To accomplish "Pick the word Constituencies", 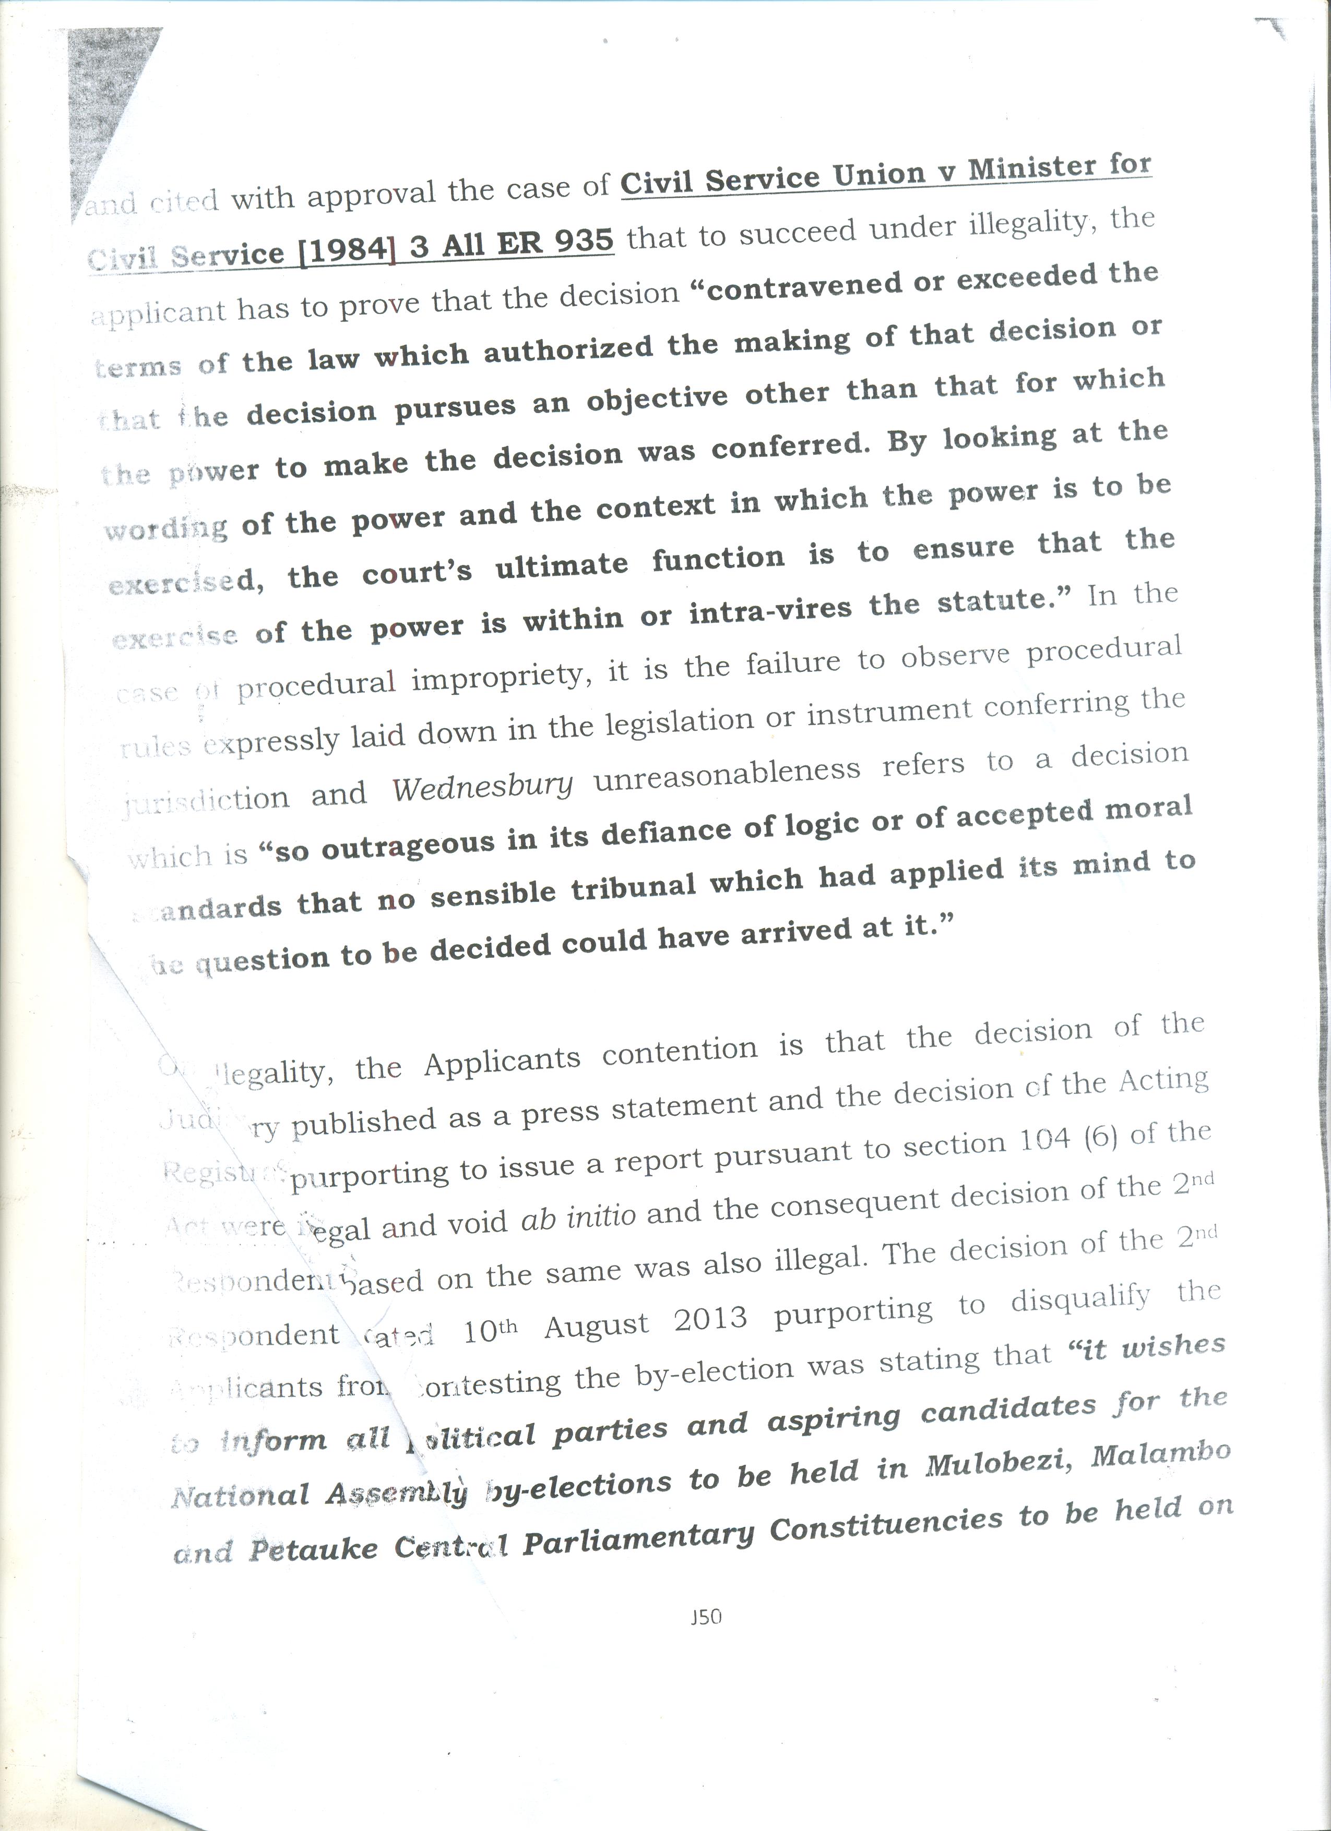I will [888, 1524].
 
